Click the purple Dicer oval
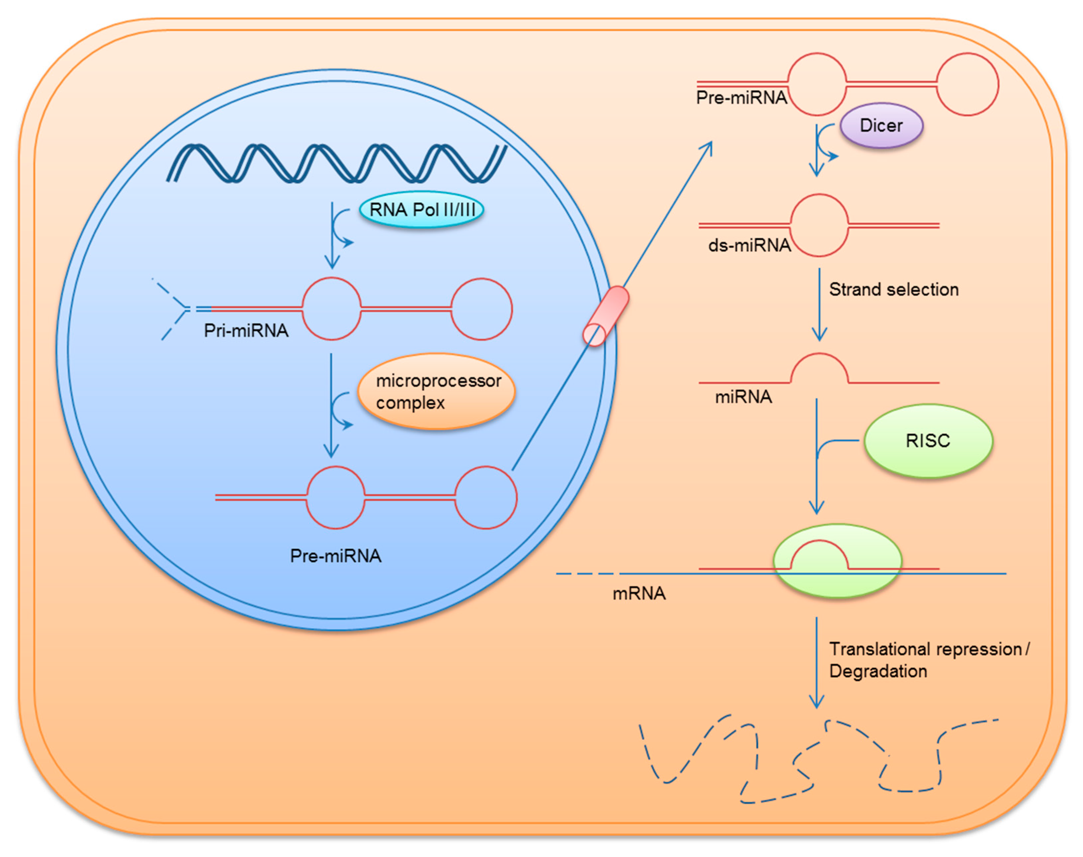(881, 126)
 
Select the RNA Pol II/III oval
(421, 210)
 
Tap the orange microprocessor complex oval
(436, 392)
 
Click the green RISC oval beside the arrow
(928, 441)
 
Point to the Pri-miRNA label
(246, 331)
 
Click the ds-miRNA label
(749, 245)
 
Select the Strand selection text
(894, 290)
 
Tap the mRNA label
(639, 594)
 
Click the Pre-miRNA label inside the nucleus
(336, 556)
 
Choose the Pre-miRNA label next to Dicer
(741, 97)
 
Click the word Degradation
(878, 671)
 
